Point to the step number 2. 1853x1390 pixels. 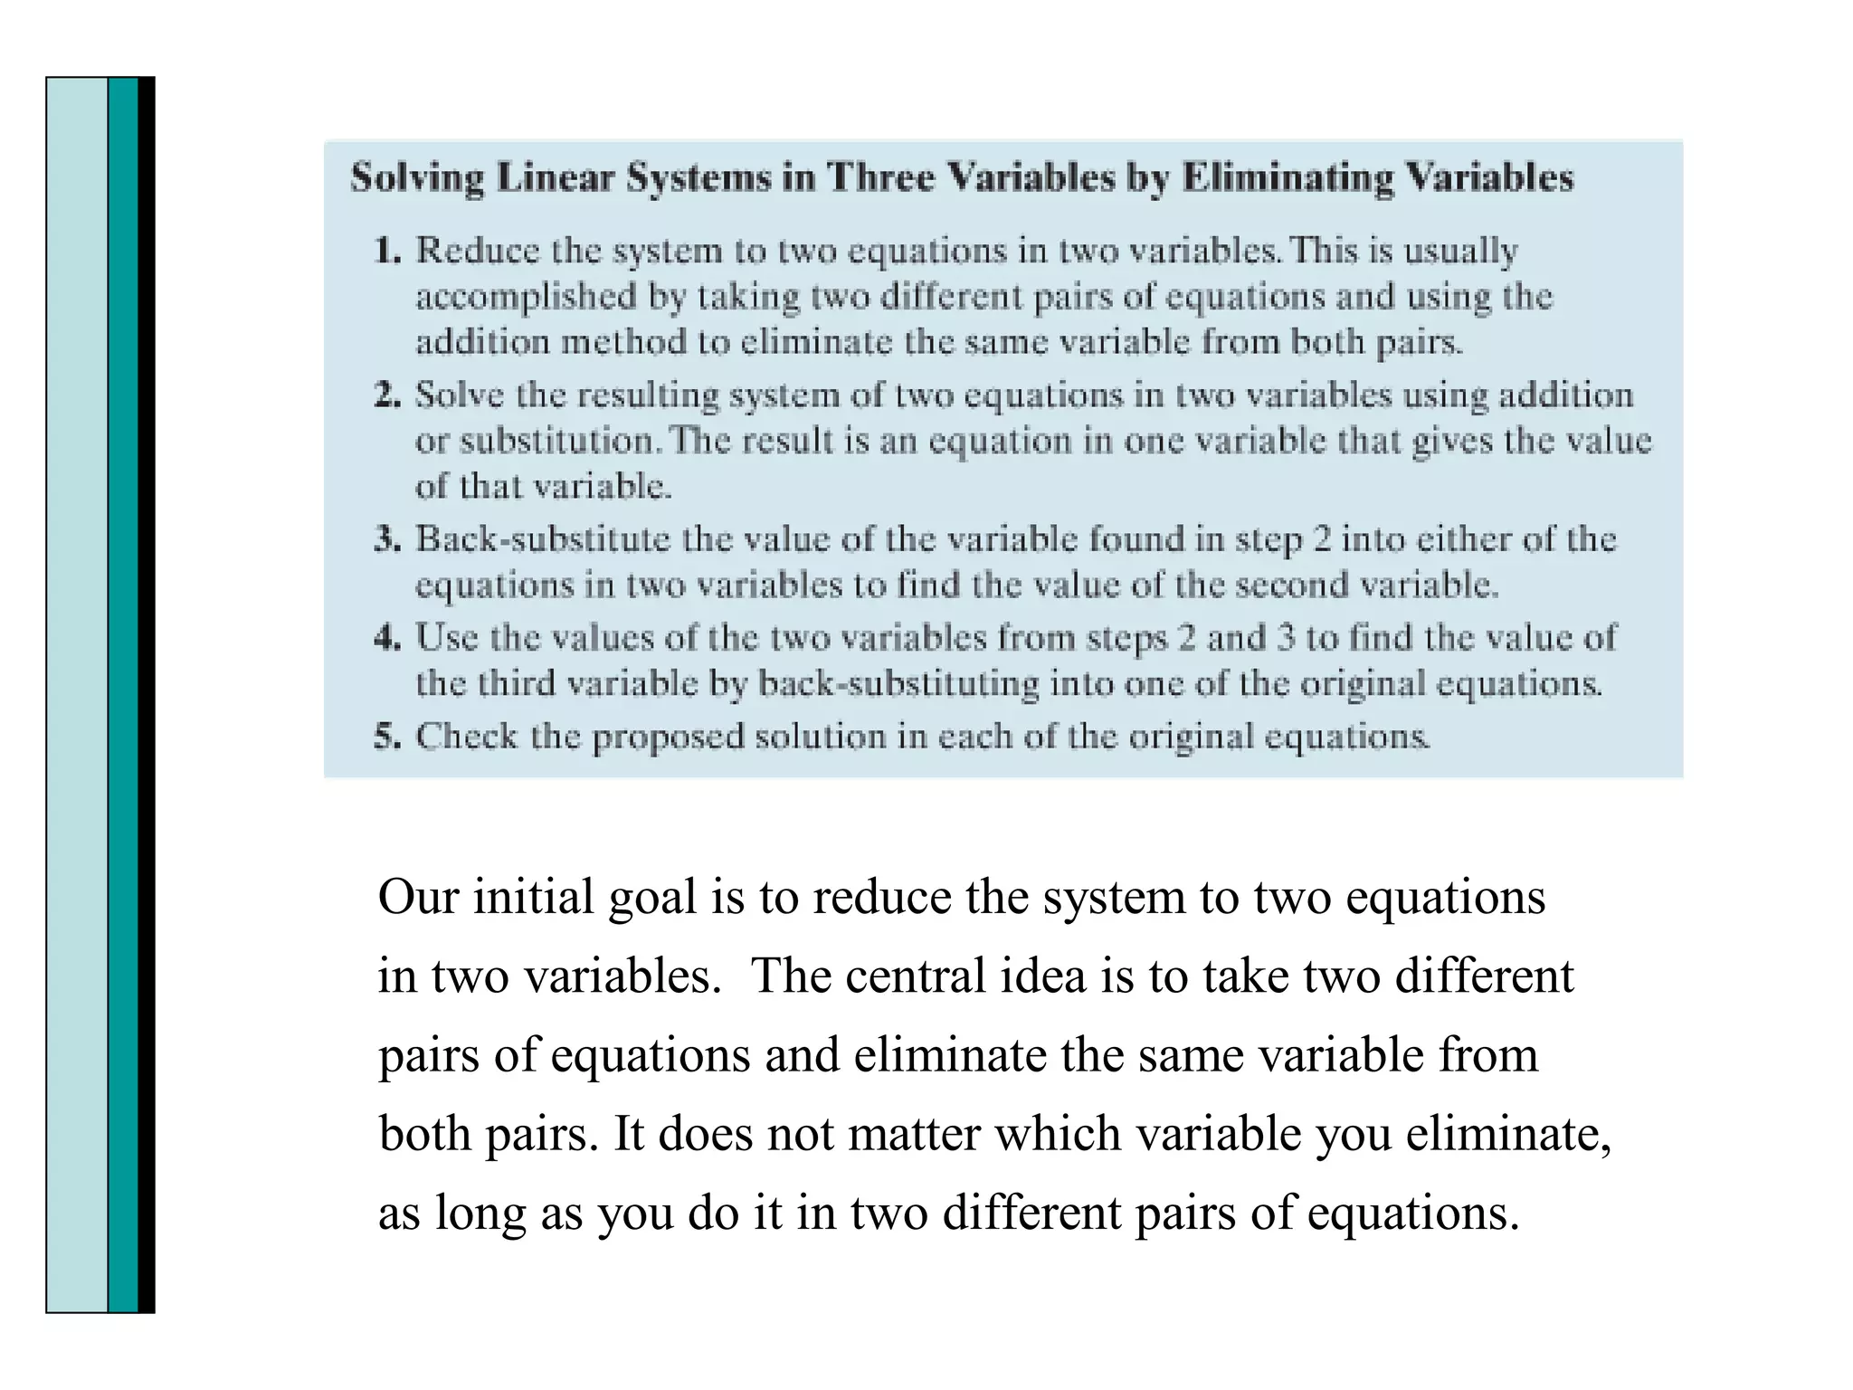(x=387, y=395)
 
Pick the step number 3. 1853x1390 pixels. (x=387, y=539)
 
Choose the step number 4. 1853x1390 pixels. (x=387, y=638)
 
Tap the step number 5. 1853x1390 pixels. (x=387, y=737)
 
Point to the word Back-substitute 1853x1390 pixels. (x=542, y=539)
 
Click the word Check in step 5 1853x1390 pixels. (x=466, y=737)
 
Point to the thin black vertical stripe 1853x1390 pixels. (x=147, y=694)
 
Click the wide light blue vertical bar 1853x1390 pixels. (x=77, y=694)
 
